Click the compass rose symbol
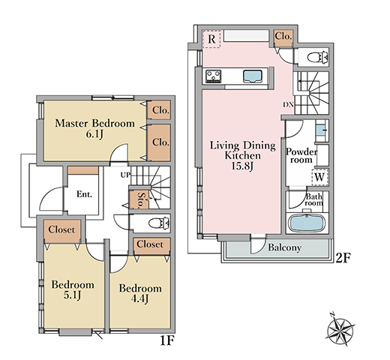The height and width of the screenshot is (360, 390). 340,328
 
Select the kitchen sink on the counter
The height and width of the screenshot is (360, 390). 253,76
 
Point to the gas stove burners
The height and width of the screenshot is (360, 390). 213,76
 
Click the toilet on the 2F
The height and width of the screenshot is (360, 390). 317,57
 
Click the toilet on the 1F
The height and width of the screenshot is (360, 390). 159,223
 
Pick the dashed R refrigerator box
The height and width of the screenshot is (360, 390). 211,39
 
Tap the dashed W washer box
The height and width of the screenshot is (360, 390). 320,177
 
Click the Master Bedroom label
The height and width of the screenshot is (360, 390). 94,123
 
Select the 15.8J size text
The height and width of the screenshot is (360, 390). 242,166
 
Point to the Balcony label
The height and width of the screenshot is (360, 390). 284,247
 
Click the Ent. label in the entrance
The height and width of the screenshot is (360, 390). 84,194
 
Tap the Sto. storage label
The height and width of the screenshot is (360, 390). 142,200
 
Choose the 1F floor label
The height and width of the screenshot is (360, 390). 167,340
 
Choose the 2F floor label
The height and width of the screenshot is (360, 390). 342,258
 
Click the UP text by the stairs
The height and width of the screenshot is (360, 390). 125,175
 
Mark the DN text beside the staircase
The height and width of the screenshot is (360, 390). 288,105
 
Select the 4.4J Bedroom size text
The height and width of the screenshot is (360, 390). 140,298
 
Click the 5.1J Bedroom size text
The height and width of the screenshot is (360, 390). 73,295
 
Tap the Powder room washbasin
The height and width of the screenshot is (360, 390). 321,130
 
